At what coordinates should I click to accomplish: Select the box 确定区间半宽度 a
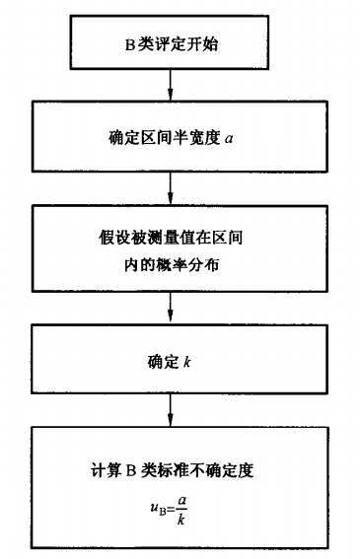point(171,138)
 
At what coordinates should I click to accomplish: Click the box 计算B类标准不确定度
point(171,487)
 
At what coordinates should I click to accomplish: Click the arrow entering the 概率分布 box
point(171,187)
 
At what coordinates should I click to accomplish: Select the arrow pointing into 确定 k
point(171,310)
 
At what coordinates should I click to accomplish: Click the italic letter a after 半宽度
point(229,139)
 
